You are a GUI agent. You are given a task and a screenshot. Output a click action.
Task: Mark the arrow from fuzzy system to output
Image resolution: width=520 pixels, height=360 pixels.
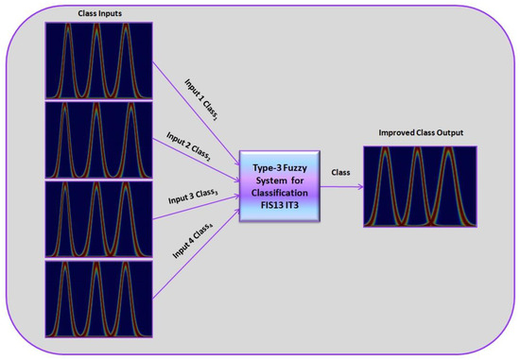point(340,185)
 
